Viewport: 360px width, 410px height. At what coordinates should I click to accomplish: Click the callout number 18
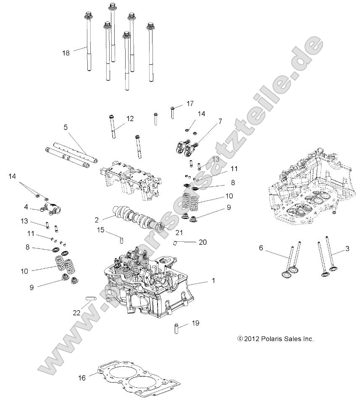pyautogui.click(x=66, y=53)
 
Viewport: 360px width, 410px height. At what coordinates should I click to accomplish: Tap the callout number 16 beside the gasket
pyautogui.click(x=82, y=378)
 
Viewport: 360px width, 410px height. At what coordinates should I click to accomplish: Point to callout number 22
pyautogui.click(x=76, y=313)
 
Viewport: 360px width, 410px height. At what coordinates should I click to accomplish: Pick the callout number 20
pyautogui.click(x=203, y=242)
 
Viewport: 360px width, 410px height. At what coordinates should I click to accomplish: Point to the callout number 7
pyautogui.click(x=220, y=122)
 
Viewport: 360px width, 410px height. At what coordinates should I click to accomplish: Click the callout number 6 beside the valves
pyautogui.click(x=261, y=248)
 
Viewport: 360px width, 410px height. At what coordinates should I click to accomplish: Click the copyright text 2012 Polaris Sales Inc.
pyautogui.click(x=276, y=339)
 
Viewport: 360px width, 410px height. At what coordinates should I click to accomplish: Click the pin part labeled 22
pyautogui.click(x=91, y=299)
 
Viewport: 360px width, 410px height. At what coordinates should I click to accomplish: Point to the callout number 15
pyautogui.click(x=100, y=230)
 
